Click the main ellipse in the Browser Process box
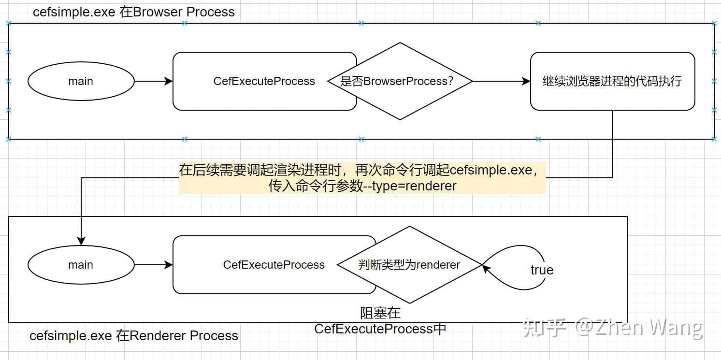(x=81, y=81)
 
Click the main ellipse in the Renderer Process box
(x=81, y=265)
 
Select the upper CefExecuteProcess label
(x=264, y=81)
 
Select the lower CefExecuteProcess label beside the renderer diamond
(x=274, y=265)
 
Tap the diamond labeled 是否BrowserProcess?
(x=400, y=81)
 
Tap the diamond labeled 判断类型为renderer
(x=409, y=265)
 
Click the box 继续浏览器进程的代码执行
(x=612, y=81)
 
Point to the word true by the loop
(x=542, y=270)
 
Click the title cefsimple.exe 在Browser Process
(x=134, y=12)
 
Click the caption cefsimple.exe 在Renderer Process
(x=134, y=336)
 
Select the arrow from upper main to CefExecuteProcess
(x=153, y=81)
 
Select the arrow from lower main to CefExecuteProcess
(x=153, y=265)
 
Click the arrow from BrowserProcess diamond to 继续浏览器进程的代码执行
(x=501, y=81)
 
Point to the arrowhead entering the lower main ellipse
(x=81, y=241)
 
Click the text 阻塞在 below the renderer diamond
(x=380, y=313)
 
